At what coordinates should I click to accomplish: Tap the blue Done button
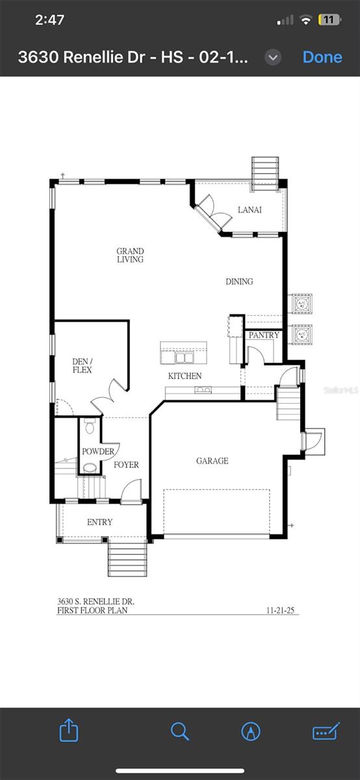coord(322,57)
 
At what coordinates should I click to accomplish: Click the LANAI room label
coord(250,209)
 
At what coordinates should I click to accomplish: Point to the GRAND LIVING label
coord(130,255)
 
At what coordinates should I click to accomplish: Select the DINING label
coord(239,281)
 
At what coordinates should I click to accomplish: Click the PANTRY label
coord(264,335)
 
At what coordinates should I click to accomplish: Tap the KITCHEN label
coord(185,376)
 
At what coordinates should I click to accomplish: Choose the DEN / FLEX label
coord(82,365)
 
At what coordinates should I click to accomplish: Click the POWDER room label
coord(98,451)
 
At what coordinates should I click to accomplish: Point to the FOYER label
coord(126,465)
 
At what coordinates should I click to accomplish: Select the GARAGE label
coord(212,461)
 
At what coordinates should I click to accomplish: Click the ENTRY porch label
coord(100,522)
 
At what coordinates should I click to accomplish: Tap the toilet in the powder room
coord(90,426)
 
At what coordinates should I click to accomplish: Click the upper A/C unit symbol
coord(302,304)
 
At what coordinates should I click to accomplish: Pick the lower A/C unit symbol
coord(302,335)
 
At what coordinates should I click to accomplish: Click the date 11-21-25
coord(280,610)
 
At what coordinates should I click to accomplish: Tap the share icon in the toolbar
coord(69,730)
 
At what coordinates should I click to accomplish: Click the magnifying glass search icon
coord(180,731)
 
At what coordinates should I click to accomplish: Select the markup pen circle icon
coord(251,731)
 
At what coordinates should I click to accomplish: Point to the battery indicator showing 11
coord(329,20)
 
